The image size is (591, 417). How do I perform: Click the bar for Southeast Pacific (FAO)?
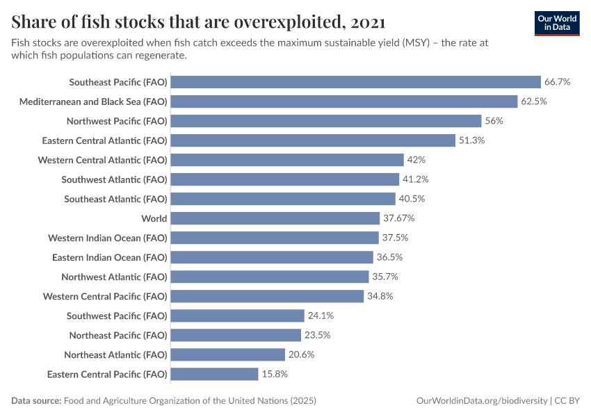coord(355,82)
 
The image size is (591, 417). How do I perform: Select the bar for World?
coord(275,218)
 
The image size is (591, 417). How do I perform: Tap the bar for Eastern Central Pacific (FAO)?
coord(214,374)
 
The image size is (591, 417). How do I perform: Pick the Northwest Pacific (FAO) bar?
coord(325,121)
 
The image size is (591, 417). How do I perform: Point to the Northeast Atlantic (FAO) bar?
coord(227,354)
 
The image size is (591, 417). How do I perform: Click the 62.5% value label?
coord(534,101)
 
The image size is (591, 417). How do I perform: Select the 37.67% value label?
coord(398,218)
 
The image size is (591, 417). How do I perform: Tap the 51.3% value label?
coord(471,140)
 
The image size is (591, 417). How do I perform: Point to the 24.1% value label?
coord(321,316)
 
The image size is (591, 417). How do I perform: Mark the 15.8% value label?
coord(275,374)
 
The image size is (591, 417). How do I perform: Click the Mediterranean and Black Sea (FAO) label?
coord(93,101)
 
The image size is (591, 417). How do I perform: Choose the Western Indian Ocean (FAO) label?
coord(108,238)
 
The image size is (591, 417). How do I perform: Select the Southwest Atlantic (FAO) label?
coord(114,179)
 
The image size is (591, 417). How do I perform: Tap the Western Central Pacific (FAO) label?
coord(105,296)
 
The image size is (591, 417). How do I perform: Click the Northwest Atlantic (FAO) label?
coord(114,277)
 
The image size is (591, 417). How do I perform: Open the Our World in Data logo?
coord(556,22)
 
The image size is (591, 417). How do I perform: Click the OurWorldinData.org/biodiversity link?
coord(481,401)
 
